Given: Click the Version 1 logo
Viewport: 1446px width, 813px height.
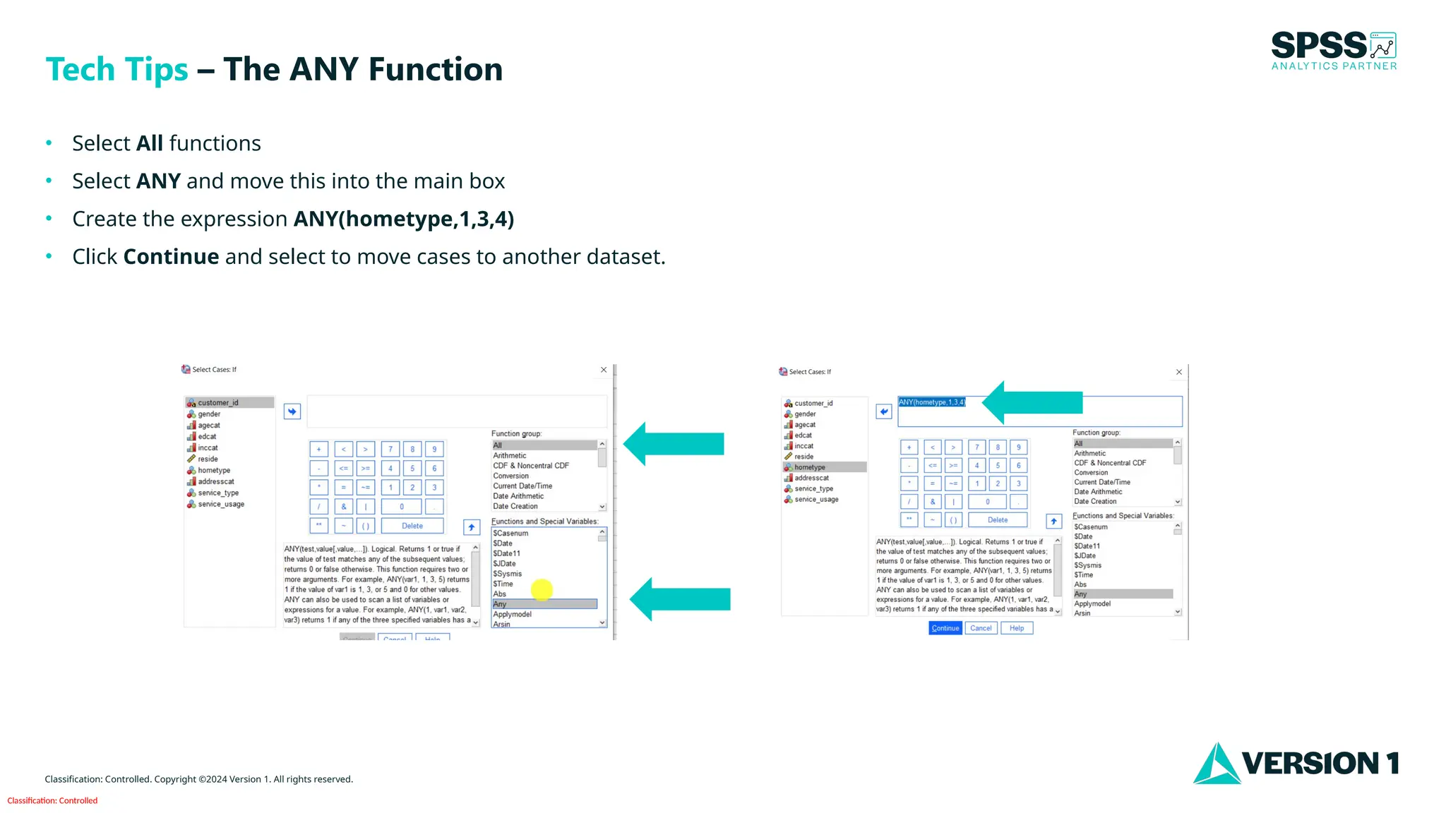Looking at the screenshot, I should coord(1296,763).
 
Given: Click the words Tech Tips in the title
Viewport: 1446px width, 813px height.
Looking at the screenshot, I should coord(117,69).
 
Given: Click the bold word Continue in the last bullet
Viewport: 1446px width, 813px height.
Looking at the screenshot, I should coord(171,257).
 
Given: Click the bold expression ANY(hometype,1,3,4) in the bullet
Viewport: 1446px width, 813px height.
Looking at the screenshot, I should coord(403,219).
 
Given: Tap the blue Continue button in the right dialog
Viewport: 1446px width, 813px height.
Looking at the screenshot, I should coord(945,628).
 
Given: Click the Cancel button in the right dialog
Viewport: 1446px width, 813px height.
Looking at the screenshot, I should coord(981,628).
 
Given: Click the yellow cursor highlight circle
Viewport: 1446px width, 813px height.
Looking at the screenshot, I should coord(542,589).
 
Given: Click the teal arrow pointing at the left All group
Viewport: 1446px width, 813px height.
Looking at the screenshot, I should coord(674,444).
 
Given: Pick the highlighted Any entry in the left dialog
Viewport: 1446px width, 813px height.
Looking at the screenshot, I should coord(544,604).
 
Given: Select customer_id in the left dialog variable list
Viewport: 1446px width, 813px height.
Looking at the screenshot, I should coord(218,403).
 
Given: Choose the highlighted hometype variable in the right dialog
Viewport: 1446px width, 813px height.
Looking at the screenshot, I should coord(809,467).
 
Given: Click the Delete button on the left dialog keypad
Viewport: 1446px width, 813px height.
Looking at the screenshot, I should coord(412,526).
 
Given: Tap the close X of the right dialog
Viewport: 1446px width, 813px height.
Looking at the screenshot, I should coord(1178,372).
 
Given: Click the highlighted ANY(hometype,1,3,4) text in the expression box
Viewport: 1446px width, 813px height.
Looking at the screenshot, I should coord(931,402).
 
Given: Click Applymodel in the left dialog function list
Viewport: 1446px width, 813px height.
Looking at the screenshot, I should coord(513,614).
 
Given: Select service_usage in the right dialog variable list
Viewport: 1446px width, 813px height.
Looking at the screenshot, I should coord(816,500).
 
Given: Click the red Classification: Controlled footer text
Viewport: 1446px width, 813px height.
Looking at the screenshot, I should coord(52,800).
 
